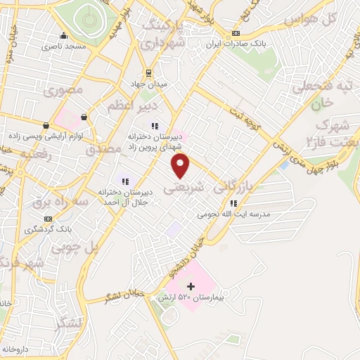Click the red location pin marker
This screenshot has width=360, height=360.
click(x=181, y=166)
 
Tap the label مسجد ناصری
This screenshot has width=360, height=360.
click(x=64, y=46)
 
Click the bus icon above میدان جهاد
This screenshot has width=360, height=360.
click(x=149, y=72)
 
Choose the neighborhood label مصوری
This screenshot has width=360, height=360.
click(x=63, y=90)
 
